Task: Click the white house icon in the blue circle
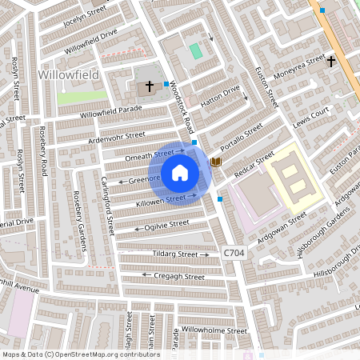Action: [x=180, y=172]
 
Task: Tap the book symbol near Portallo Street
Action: [x=215, y=162]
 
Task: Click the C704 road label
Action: [x=234, y=253]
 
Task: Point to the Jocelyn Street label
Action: [x=84, y=16]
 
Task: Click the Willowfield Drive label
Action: [x=90, y=39]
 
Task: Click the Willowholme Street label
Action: [x=214, y=330]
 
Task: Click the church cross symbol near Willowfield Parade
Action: [x=149, y=86]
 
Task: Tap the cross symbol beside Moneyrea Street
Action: [x=330, y=60]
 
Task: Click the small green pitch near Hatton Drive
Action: [x=196, y=50]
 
